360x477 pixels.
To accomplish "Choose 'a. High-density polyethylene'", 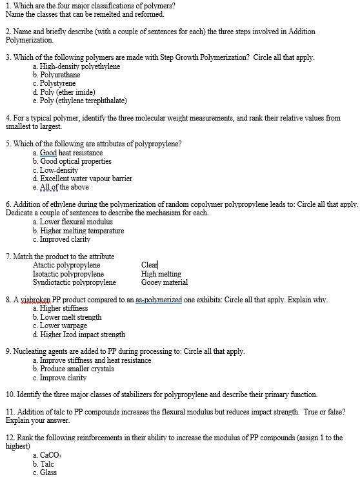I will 75,67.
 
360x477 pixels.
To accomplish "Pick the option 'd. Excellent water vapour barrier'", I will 82,179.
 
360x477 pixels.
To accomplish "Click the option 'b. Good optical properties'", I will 72,162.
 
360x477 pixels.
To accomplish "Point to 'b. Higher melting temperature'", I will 77,231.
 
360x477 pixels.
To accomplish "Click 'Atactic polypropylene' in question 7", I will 66,265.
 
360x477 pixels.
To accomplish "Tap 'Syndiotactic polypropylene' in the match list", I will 74,282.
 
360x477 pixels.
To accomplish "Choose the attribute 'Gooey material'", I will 165,282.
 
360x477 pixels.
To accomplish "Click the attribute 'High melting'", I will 161,274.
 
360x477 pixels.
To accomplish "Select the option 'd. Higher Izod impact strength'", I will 79,335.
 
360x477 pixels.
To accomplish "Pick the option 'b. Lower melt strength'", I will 67,317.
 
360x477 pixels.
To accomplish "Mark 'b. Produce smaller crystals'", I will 73,369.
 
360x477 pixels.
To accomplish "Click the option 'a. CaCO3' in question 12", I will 49,455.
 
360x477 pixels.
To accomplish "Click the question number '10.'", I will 10,394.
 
